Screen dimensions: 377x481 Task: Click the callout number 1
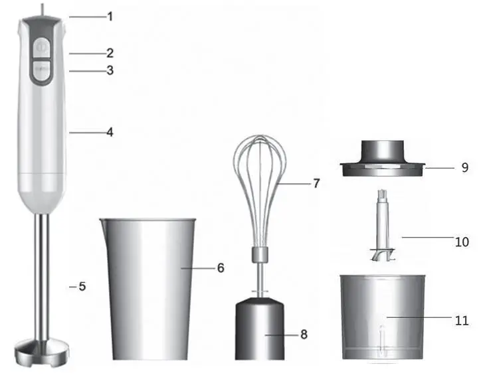tap(110, 16)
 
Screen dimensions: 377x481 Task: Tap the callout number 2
tap(110, 52)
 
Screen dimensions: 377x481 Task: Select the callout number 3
tap(110, 70)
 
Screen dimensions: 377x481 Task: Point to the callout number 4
tap(110, 132)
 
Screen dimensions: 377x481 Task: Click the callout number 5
tap(82, 287)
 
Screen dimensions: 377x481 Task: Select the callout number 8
tap(304, 335)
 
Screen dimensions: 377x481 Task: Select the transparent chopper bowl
tap(381, 315)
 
